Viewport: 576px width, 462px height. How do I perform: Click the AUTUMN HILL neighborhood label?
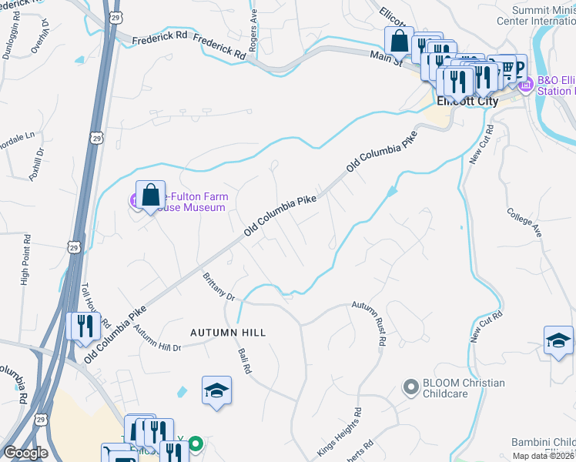pos(228,333)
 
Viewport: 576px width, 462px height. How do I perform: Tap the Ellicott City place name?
pos(467,101)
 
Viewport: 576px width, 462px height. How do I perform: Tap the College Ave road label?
pos(525,223)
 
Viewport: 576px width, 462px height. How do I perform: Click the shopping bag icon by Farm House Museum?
pos(151,193)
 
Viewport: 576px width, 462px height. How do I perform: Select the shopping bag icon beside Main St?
pos(399,40)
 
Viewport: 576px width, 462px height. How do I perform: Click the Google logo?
pos(26,452)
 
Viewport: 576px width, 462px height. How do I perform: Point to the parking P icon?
pos(519,68)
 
